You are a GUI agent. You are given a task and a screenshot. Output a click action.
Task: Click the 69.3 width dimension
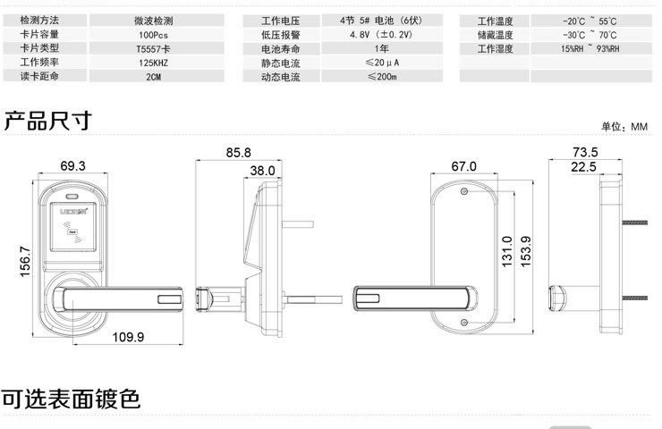click(x=72, y=165)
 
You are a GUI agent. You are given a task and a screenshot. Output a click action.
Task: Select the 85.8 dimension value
click(x=238, y=153)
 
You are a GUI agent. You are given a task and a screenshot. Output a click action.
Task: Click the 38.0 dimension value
click(x=262, y=170)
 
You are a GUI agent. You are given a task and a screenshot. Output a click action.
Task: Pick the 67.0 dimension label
click(x=463, y=166)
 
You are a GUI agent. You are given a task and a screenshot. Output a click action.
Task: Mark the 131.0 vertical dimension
click(x=506, y=252)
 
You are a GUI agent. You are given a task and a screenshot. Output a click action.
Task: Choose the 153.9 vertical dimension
click(x=526, y=252)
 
